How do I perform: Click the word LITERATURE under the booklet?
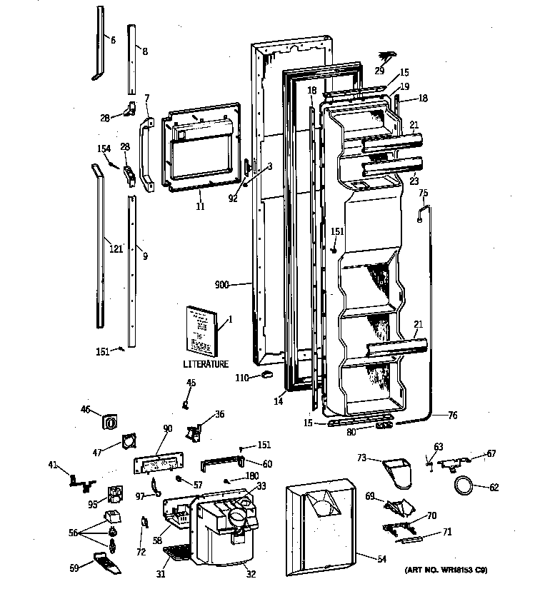tap(205, 364)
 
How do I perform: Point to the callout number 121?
tap(116, 248)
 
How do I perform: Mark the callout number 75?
tap(423, 193)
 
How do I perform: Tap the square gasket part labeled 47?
tap(129, 442)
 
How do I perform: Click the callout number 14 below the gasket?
tap(279, 402)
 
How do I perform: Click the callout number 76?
tap(452, 415)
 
